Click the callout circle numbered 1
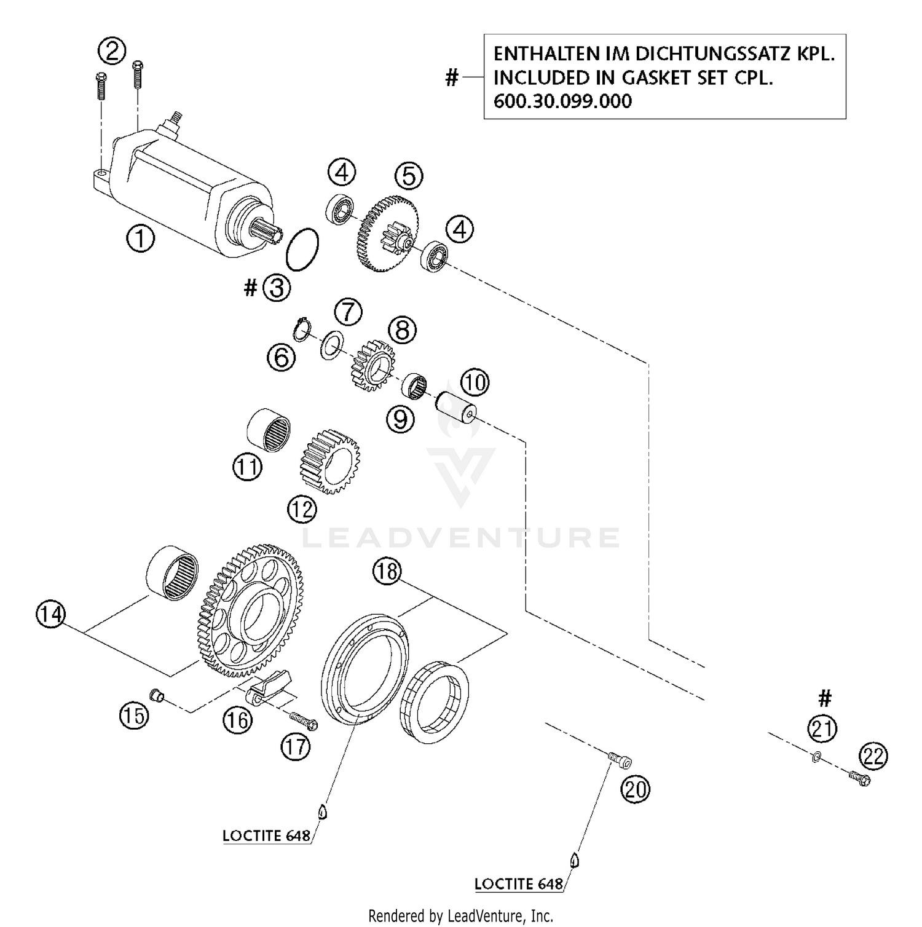[x=140, y=238]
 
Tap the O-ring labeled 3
[x=302, y=249]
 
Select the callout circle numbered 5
[x=409, y=176]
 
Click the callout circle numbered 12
[x=302, y=509]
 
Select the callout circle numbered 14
[x=51, y=614]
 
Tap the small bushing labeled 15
[x=157, y=695]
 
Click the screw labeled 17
[x=302, y=720]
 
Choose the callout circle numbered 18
[x=387, y=572]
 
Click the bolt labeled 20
[x=620, y=761]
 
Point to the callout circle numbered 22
[x=873, y=756]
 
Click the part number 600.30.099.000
[x=562, y=101]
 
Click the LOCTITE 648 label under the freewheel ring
[x=266, y=836]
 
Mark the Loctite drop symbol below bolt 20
[x=575, y=859]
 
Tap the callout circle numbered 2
[x=112, y=50]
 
